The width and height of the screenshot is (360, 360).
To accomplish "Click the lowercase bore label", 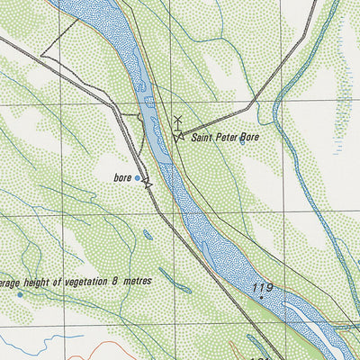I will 122,178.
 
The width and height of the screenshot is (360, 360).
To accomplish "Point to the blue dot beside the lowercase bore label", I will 138,178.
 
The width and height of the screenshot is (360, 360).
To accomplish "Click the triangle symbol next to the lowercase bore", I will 148,184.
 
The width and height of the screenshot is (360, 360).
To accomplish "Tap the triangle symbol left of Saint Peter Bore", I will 179,137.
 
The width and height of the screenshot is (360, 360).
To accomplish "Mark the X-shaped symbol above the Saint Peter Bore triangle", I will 177,120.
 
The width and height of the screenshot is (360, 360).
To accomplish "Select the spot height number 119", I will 262,289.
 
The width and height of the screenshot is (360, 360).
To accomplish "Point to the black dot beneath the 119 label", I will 261,299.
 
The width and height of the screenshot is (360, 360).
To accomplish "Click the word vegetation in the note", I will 83,281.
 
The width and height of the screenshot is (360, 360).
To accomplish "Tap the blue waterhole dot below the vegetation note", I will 20,294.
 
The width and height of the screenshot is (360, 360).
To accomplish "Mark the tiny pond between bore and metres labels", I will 147,236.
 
